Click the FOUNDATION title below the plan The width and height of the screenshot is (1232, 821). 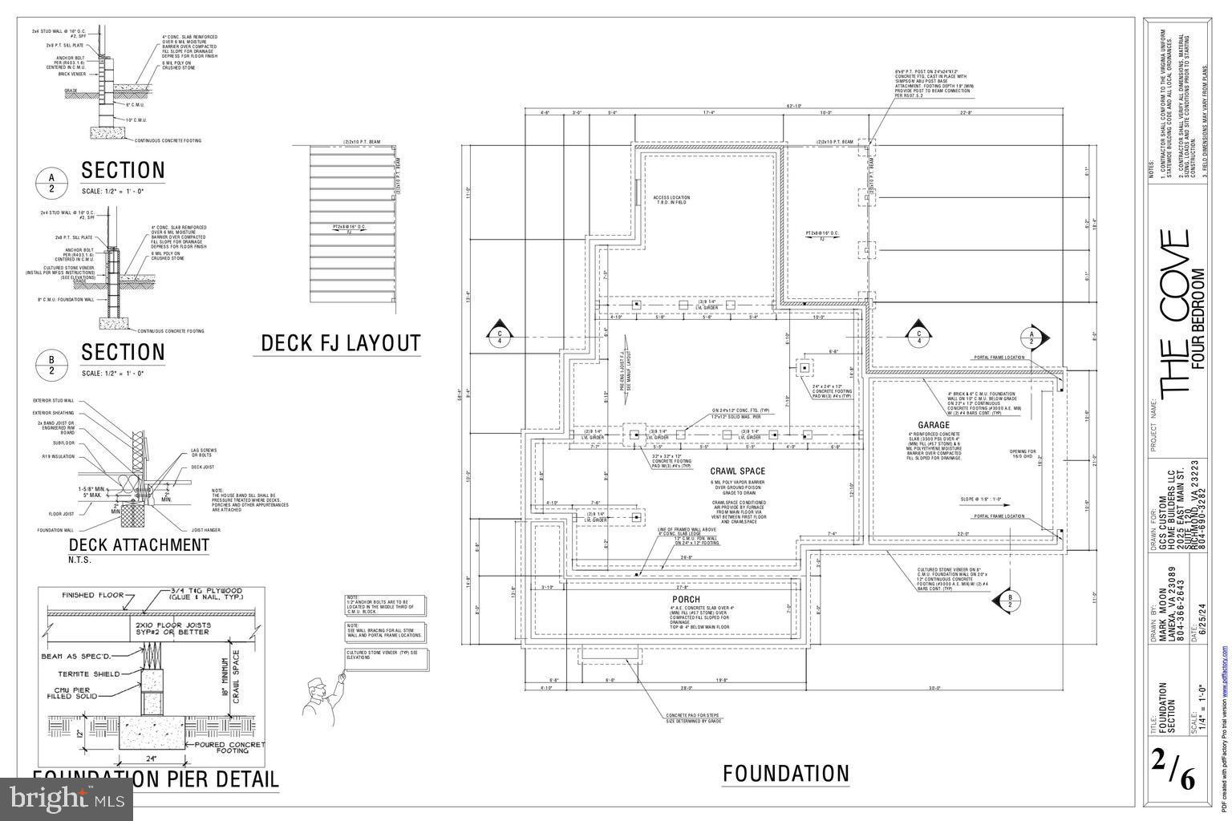click(x=785, y=774)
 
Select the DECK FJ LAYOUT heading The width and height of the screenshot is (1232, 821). click(x=340, y=343)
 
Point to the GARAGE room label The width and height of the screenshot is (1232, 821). click(x=934, y=425)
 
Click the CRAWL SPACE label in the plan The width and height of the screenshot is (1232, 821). click(x=737, y=471)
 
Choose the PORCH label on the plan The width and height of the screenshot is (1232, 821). click(x=686, y=600)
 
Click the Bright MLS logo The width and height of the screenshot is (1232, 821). click(x=67, y=798)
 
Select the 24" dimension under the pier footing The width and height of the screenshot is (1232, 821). click(x=150, y=758)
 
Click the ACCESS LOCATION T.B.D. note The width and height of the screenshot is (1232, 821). click(x=671, y=200)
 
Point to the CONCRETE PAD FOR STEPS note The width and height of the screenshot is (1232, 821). click(x=694, y=718)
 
